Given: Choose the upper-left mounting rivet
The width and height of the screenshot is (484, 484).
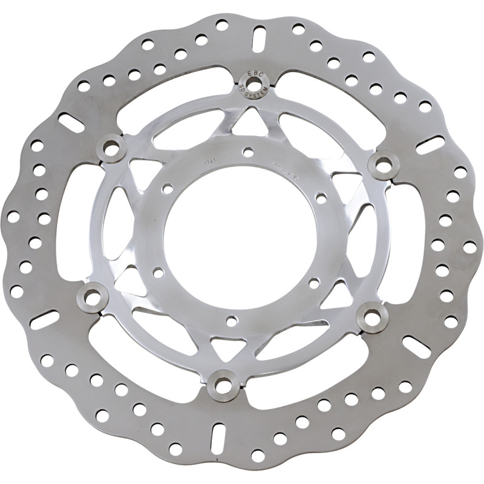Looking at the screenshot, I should coord(111,147).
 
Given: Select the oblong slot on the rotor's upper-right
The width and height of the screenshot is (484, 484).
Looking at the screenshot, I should coord(430,145).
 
